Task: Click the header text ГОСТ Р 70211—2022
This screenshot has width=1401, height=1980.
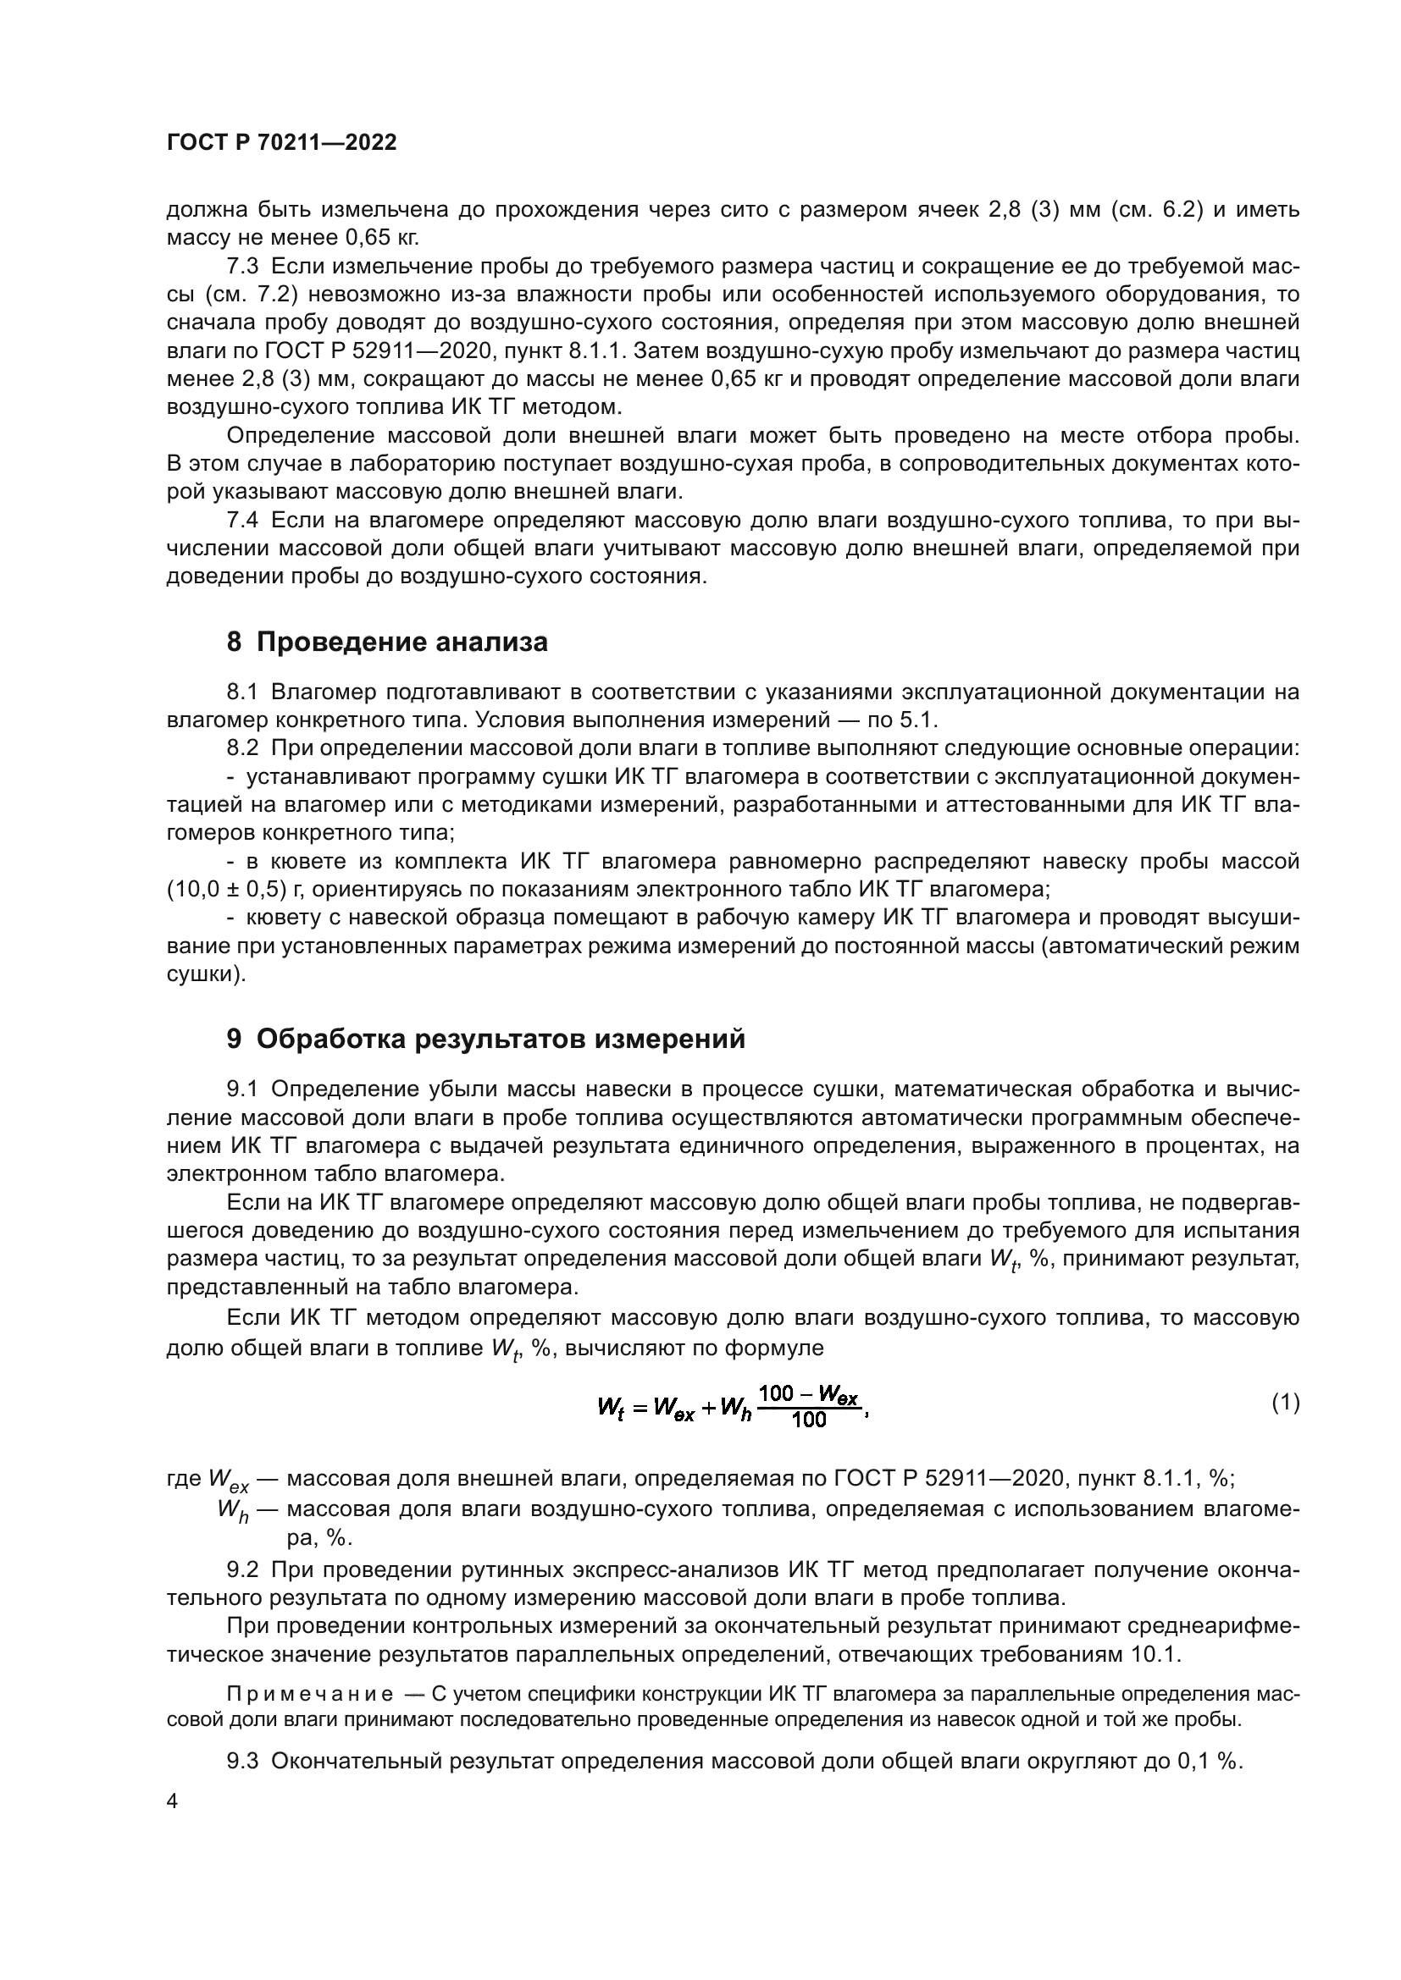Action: coord(281,143)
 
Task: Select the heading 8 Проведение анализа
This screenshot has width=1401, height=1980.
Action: coord(386,643)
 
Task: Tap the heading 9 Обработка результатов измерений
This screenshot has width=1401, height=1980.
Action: coord(485,1040)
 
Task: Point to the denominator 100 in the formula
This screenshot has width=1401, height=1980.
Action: coord(808,1420)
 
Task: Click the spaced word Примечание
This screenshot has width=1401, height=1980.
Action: coord(310,1695)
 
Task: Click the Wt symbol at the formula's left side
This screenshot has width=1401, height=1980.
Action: coord(610,1408)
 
